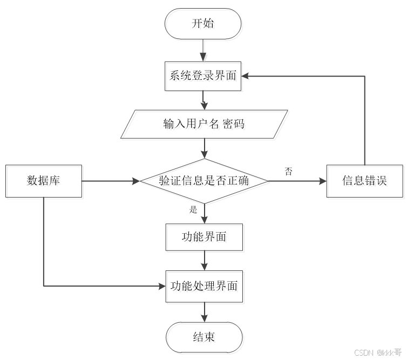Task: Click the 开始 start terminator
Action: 204,23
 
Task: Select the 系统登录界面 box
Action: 204,76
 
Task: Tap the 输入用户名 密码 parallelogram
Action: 204,124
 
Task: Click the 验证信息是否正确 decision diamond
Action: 204,181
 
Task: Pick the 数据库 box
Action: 44,181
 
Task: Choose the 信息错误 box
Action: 365,181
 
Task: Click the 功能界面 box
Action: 204,236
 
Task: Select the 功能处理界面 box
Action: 204,286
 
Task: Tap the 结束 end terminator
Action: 204,337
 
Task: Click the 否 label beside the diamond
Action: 289,171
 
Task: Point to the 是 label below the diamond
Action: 193,210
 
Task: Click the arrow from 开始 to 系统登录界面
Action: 204,51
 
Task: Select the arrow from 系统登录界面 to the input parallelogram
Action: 204,99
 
